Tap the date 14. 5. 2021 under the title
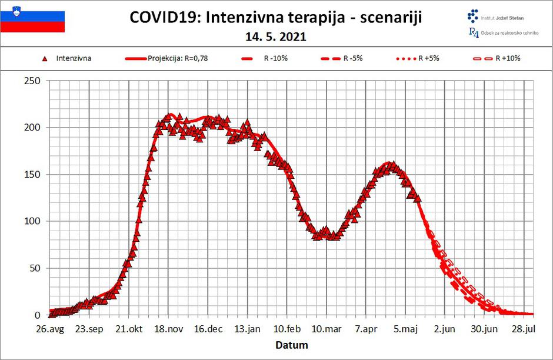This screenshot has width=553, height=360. click(275, 36)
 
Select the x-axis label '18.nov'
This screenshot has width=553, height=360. click(168, 328)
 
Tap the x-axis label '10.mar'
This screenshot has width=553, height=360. click(326, 328)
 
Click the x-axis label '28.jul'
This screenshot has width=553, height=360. click(524, 328)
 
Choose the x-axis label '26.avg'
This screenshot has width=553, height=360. click(49, 328)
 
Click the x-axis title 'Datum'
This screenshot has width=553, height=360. click(292, 345)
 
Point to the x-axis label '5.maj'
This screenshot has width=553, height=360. click(406, 328)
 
